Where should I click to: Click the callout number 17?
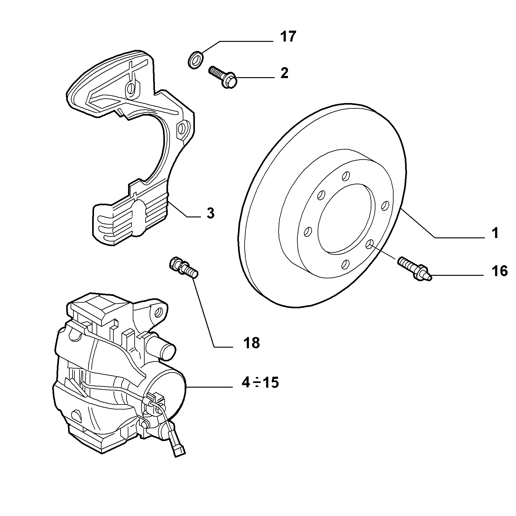pyautogui.click(x=287, y=37)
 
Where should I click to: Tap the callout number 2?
pyautogui.click(x=284, y=73)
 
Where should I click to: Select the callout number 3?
pyautogui.click(x=211, y=213)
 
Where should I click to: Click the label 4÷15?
pyautogui.click(x=260, y=382)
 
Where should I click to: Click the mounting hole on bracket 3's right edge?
pyautogui.click(x=181, y=128)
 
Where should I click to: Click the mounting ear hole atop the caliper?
pyautogui.click(x=160, y=311)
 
